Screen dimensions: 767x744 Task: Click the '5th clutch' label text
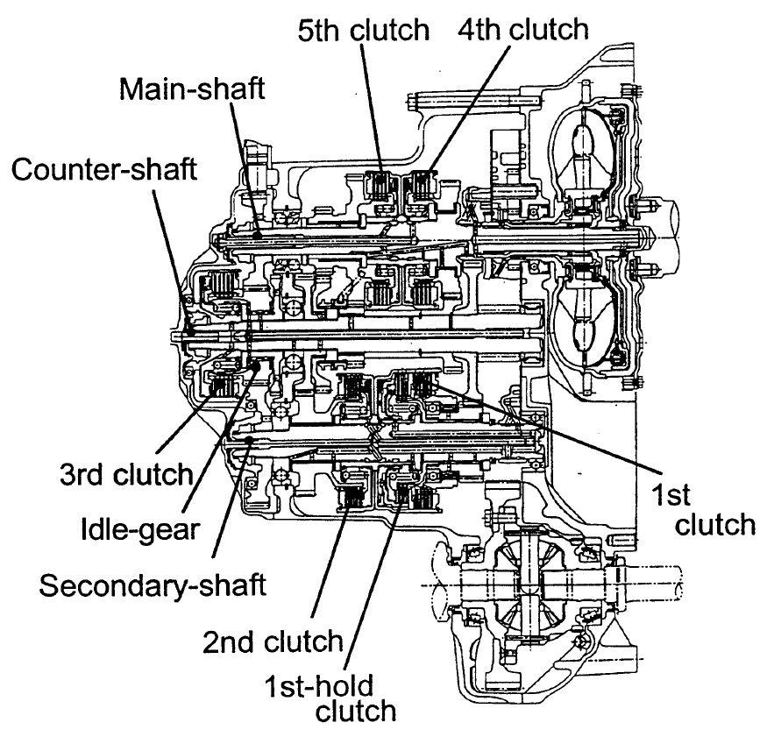point(364,30)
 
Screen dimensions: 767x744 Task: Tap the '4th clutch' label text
point(523,29)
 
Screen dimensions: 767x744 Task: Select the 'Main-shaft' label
point(192,89)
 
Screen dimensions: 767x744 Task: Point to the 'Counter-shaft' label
point(104,169)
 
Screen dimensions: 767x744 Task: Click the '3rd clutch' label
point(127,474)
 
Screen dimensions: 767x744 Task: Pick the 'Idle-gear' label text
point(140,530)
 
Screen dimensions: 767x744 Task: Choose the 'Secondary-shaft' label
point(153,585)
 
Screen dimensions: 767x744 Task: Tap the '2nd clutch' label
point(273,641)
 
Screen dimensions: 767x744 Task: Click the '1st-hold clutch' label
point(330,698)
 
